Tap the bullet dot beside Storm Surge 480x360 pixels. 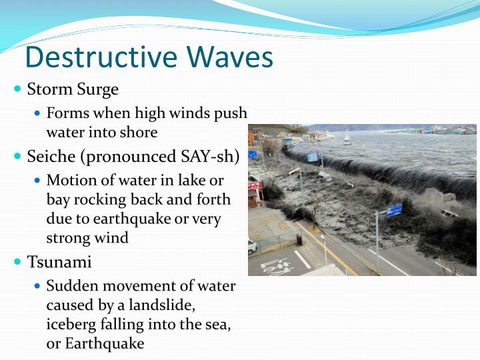coord(18,89)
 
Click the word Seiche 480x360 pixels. coord(51,157)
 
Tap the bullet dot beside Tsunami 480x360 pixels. coord(18,261)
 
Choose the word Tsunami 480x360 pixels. coord(59,262)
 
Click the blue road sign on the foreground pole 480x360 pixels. coord(394,211)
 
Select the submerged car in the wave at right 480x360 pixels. coord(449,214)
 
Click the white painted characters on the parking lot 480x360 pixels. coord(277,267)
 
